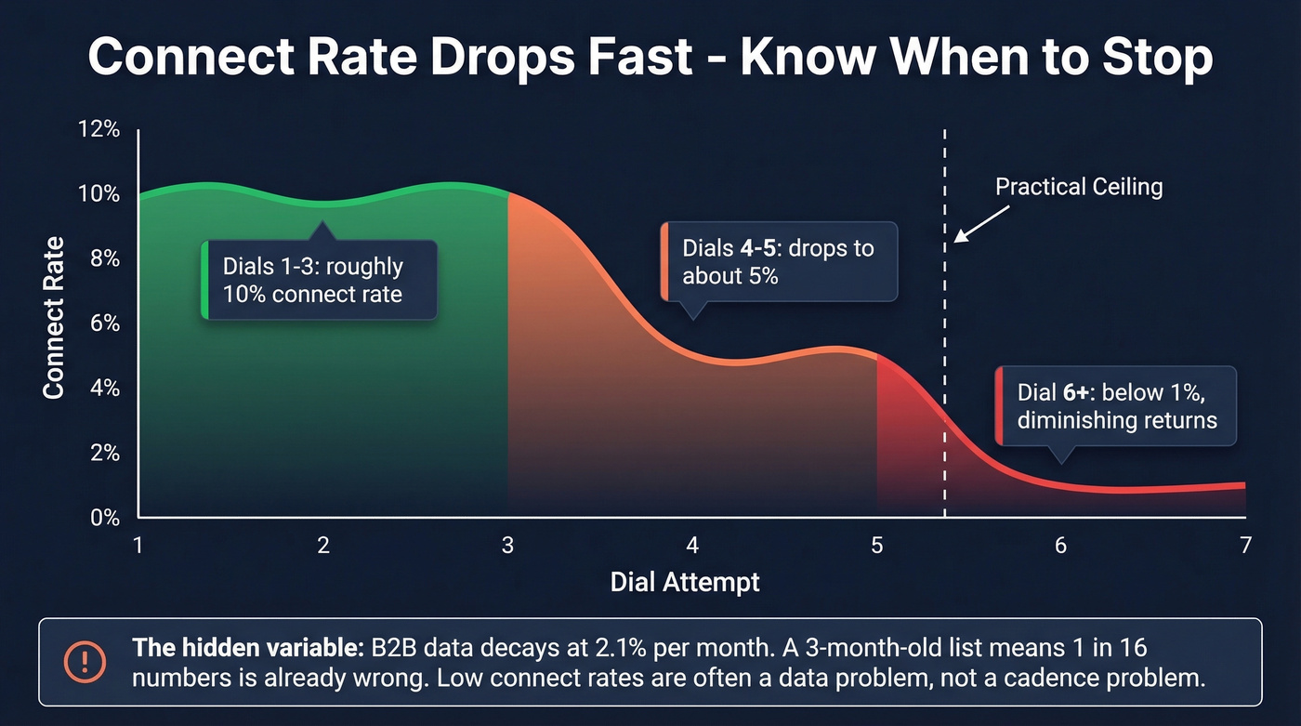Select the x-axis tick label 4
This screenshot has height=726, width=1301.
point(692,546)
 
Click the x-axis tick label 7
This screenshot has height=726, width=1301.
point(1245,546)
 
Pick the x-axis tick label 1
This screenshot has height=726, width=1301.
point(138,546)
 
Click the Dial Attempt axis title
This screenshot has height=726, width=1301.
point(685,583)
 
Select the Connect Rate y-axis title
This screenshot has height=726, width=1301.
point(54,318)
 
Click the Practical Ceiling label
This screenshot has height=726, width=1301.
point(1079,187)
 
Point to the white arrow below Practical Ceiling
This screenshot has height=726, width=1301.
point(980,224)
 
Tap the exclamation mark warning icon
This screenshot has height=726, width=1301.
point(85,662)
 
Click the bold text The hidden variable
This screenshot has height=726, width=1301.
point(248,647)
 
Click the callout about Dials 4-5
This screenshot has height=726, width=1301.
point(779,262)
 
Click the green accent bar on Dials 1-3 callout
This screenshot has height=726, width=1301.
point(204,280)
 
